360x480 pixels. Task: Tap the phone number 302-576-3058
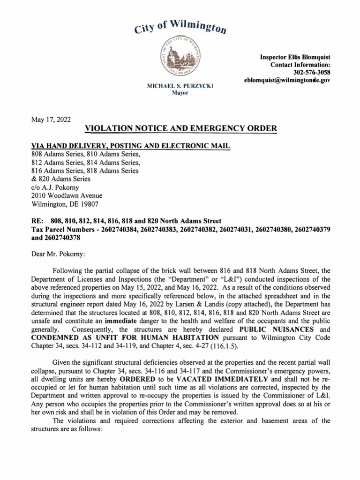click(312, 73)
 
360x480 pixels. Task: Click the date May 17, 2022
click(51, 120)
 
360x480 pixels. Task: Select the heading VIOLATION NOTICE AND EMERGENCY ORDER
click(180, 129)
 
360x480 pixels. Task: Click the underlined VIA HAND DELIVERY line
click(130, 146)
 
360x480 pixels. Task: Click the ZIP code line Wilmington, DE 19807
click(65, 204)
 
